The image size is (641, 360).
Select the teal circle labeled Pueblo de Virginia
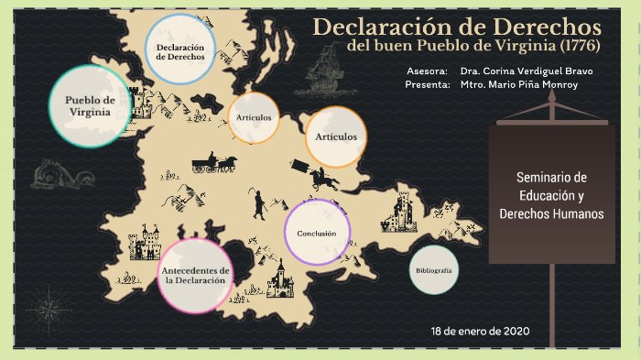click(90, 105)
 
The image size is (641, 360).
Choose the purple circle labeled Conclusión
click(317, 233)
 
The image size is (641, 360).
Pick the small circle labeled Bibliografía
click(433, 270)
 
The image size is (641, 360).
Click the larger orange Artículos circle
click(335, 137)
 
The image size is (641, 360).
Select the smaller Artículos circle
click(254, 118)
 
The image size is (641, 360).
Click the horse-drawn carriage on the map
click(214, 163)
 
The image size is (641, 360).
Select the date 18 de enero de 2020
click(481, 331)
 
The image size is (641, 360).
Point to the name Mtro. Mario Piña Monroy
click(519, 84)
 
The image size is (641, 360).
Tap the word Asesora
click(427, 71)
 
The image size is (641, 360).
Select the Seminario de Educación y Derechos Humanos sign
click(551, 194)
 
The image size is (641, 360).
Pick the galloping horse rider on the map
click(321, 177)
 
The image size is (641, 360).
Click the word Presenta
click(427, 84)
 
